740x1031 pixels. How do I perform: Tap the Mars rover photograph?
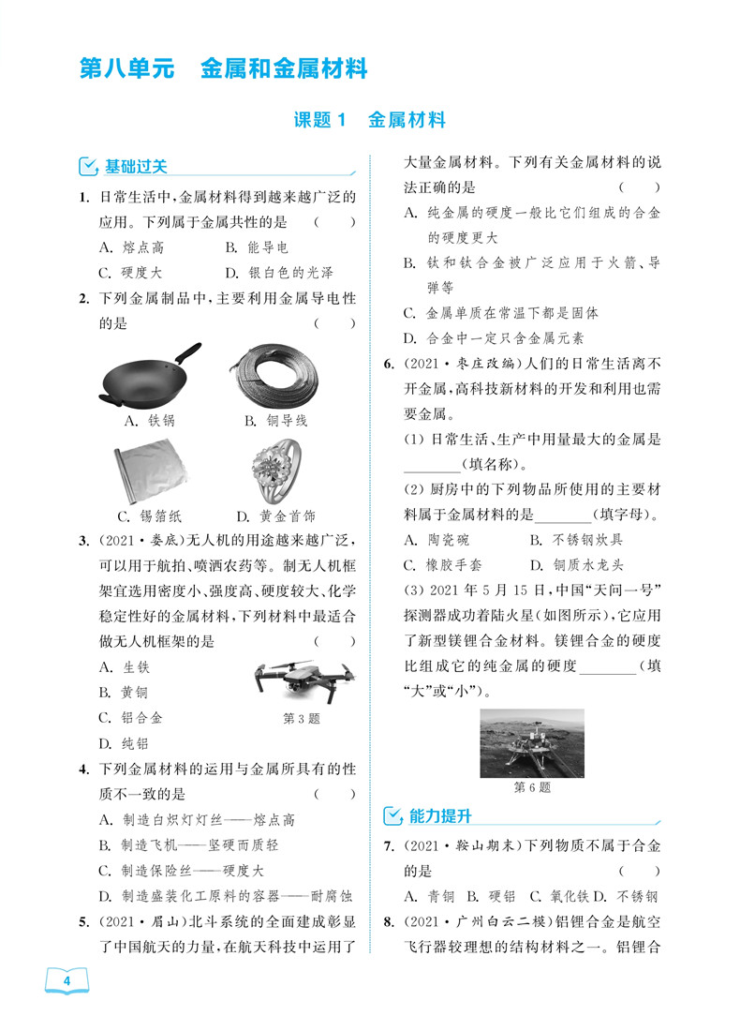531,742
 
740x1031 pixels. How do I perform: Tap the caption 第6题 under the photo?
532,787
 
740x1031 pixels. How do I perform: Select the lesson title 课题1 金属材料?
369,120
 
